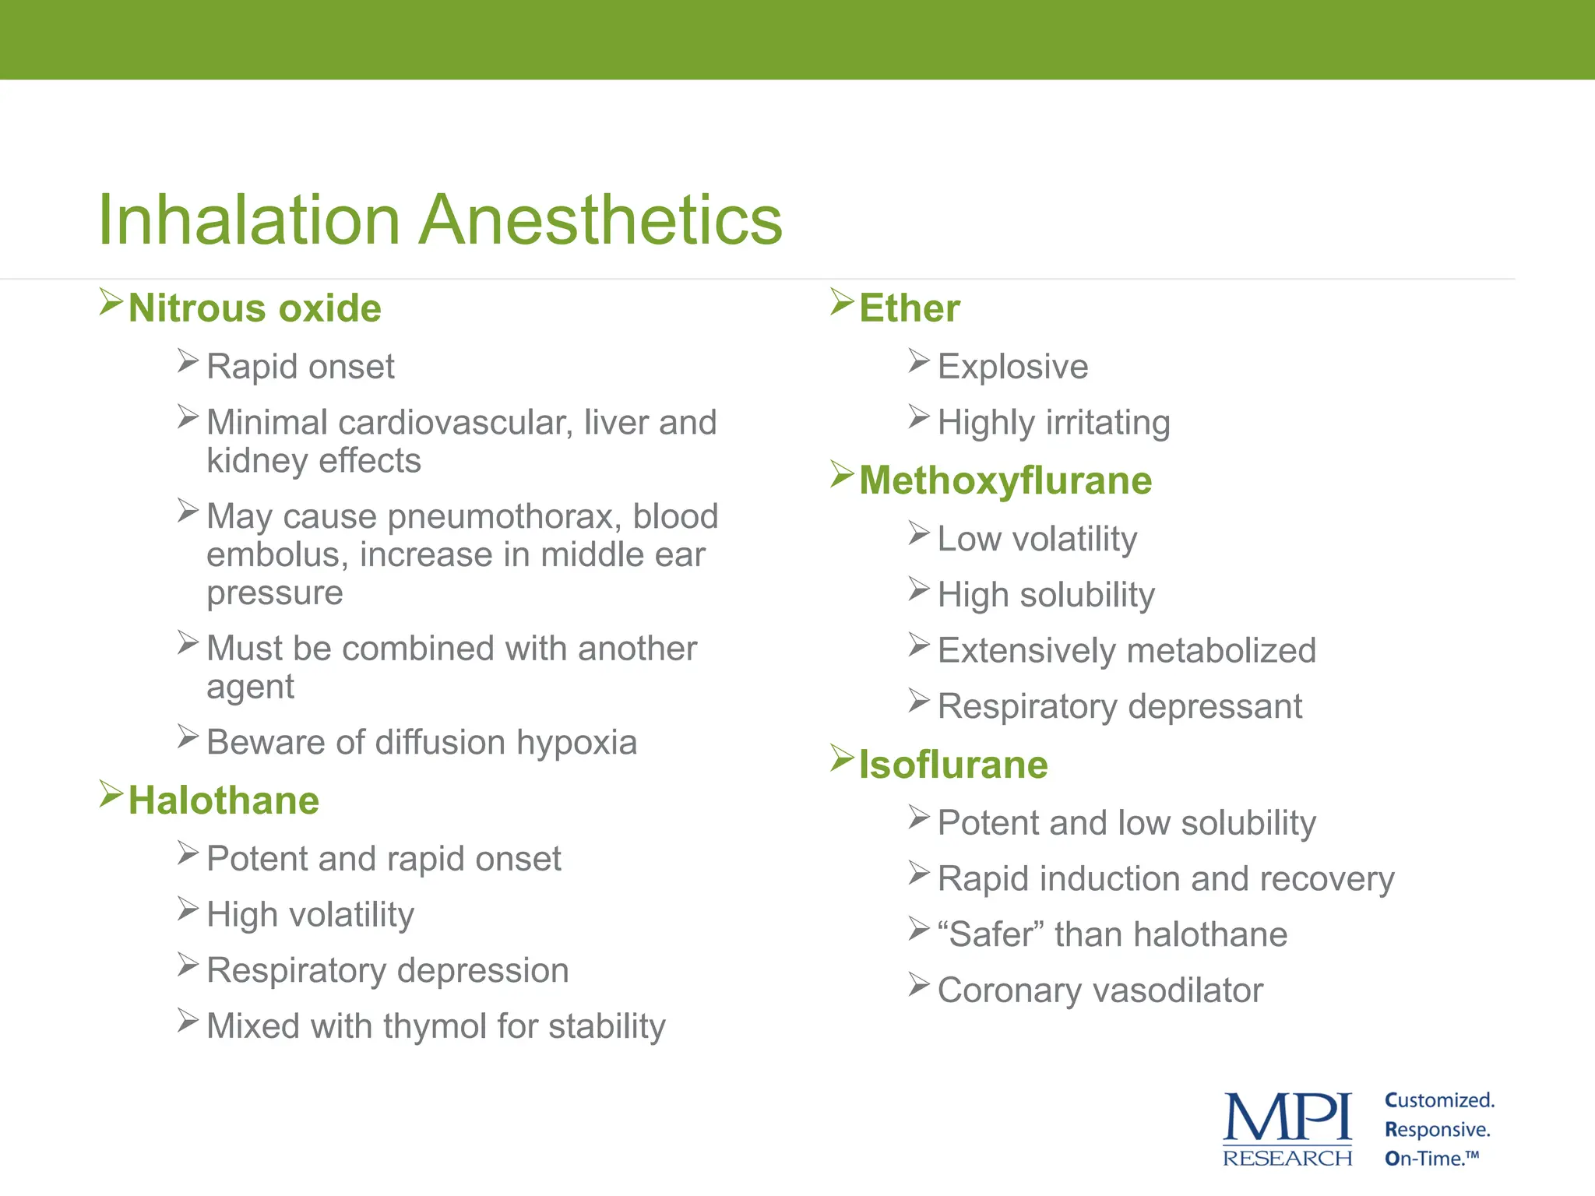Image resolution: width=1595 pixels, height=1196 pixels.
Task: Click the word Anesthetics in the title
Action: pyautogui.click(x=600, y=220)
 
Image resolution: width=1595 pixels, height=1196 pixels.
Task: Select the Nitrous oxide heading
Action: pyautogui.click(x=255, y=308)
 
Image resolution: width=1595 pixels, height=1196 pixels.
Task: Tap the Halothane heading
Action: pyautogui.click(x=224, y=800)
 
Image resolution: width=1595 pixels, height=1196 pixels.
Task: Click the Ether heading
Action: pyautogui.click(x=909, y=308)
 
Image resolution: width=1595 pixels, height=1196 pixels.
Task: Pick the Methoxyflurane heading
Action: pyautogui.click(x=1005, y=480)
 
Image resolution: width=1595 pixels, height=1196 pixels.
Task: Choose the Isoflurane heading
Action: pyautogui.click(x=953, y=765)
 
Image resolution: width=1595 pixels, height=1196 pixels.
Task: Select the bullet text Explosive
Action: pyautogui.click(x=1012, y=367)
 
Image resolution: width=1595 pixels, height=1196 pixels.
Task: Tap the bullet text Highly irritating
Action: pyautogui.click(x=1053, y=423)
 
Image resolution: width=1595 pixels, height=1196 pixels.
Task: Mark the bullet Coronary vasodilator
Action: pyautogui.click(x=1100, y=990)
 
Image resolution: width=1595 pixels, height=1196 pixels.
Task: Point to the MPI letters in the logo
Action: pyautogui.click(x=1287, y=1117)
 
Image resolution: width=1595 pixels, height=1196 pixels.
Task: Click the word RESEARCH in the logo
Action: pyautogui.click(x=1287, y=1159)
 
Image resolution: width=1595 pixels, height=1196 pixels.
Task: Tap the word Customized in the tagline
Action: pyautogui.click(x=1438, y=1101)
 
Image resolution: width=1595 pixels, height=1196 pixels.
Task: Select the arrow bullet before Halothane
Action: pyautogui.click(x=111, y=795)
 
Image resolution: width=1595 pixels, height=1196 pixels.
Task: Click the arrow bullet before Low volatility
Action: pyautogui.click(x=919, y=534)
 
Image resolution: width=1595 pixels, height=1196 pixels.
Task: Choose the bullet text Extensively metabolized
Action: pyautogui.click(x=1126, y=651)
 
